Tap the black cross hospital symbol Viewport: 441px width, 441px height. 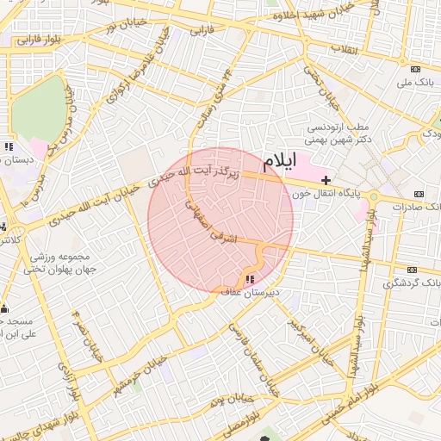point(326,180)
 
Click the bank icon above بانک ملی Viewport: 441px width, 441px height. point(415,69)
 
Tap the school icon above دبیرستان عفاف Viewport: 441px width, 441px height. point(250,279)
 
